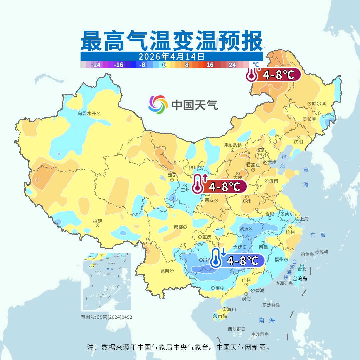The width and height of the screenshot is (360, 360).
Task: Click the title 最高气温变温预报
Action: pos(172,41)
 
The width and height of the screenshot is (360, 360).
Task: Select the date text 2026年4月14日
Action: pos(172,56)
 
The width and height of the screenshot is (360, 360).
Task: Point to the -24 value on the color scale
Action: pos(96,65)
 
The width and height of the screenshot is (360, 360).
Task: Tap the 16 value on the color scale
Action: pos(210,65)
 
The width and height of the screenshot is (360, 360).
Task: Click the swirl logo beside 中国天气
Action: pos(158,104)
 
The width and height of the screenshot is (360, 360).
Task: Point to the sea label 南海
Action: pos(267,320)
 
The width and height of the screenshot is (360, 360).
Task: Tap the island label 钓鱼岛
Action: pos(307,254)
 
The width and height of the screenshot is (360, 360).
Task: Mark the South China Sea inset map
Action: pos(106,282)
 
